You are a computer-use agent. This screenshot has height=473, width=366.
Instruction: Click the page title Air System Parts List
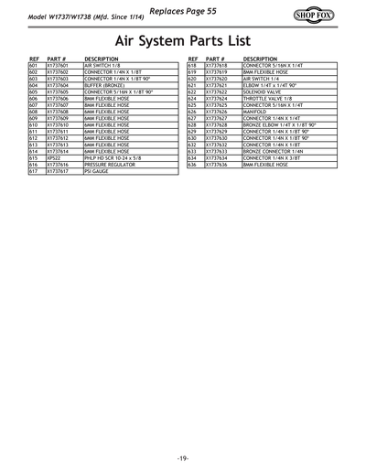click(x=182, y=41)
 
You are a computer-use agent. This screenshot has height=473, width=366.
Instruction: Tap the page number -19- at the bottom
click(x=183, y=457)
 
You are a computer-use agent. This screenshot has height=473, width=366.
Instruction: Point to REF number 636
click(x=192, y=164)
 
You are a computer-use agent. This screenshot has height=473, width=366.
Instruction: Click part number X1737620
click(x=216, y=79)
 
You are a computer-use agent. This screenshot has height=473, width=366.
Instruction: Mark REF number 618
click(x=192, y=66)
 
